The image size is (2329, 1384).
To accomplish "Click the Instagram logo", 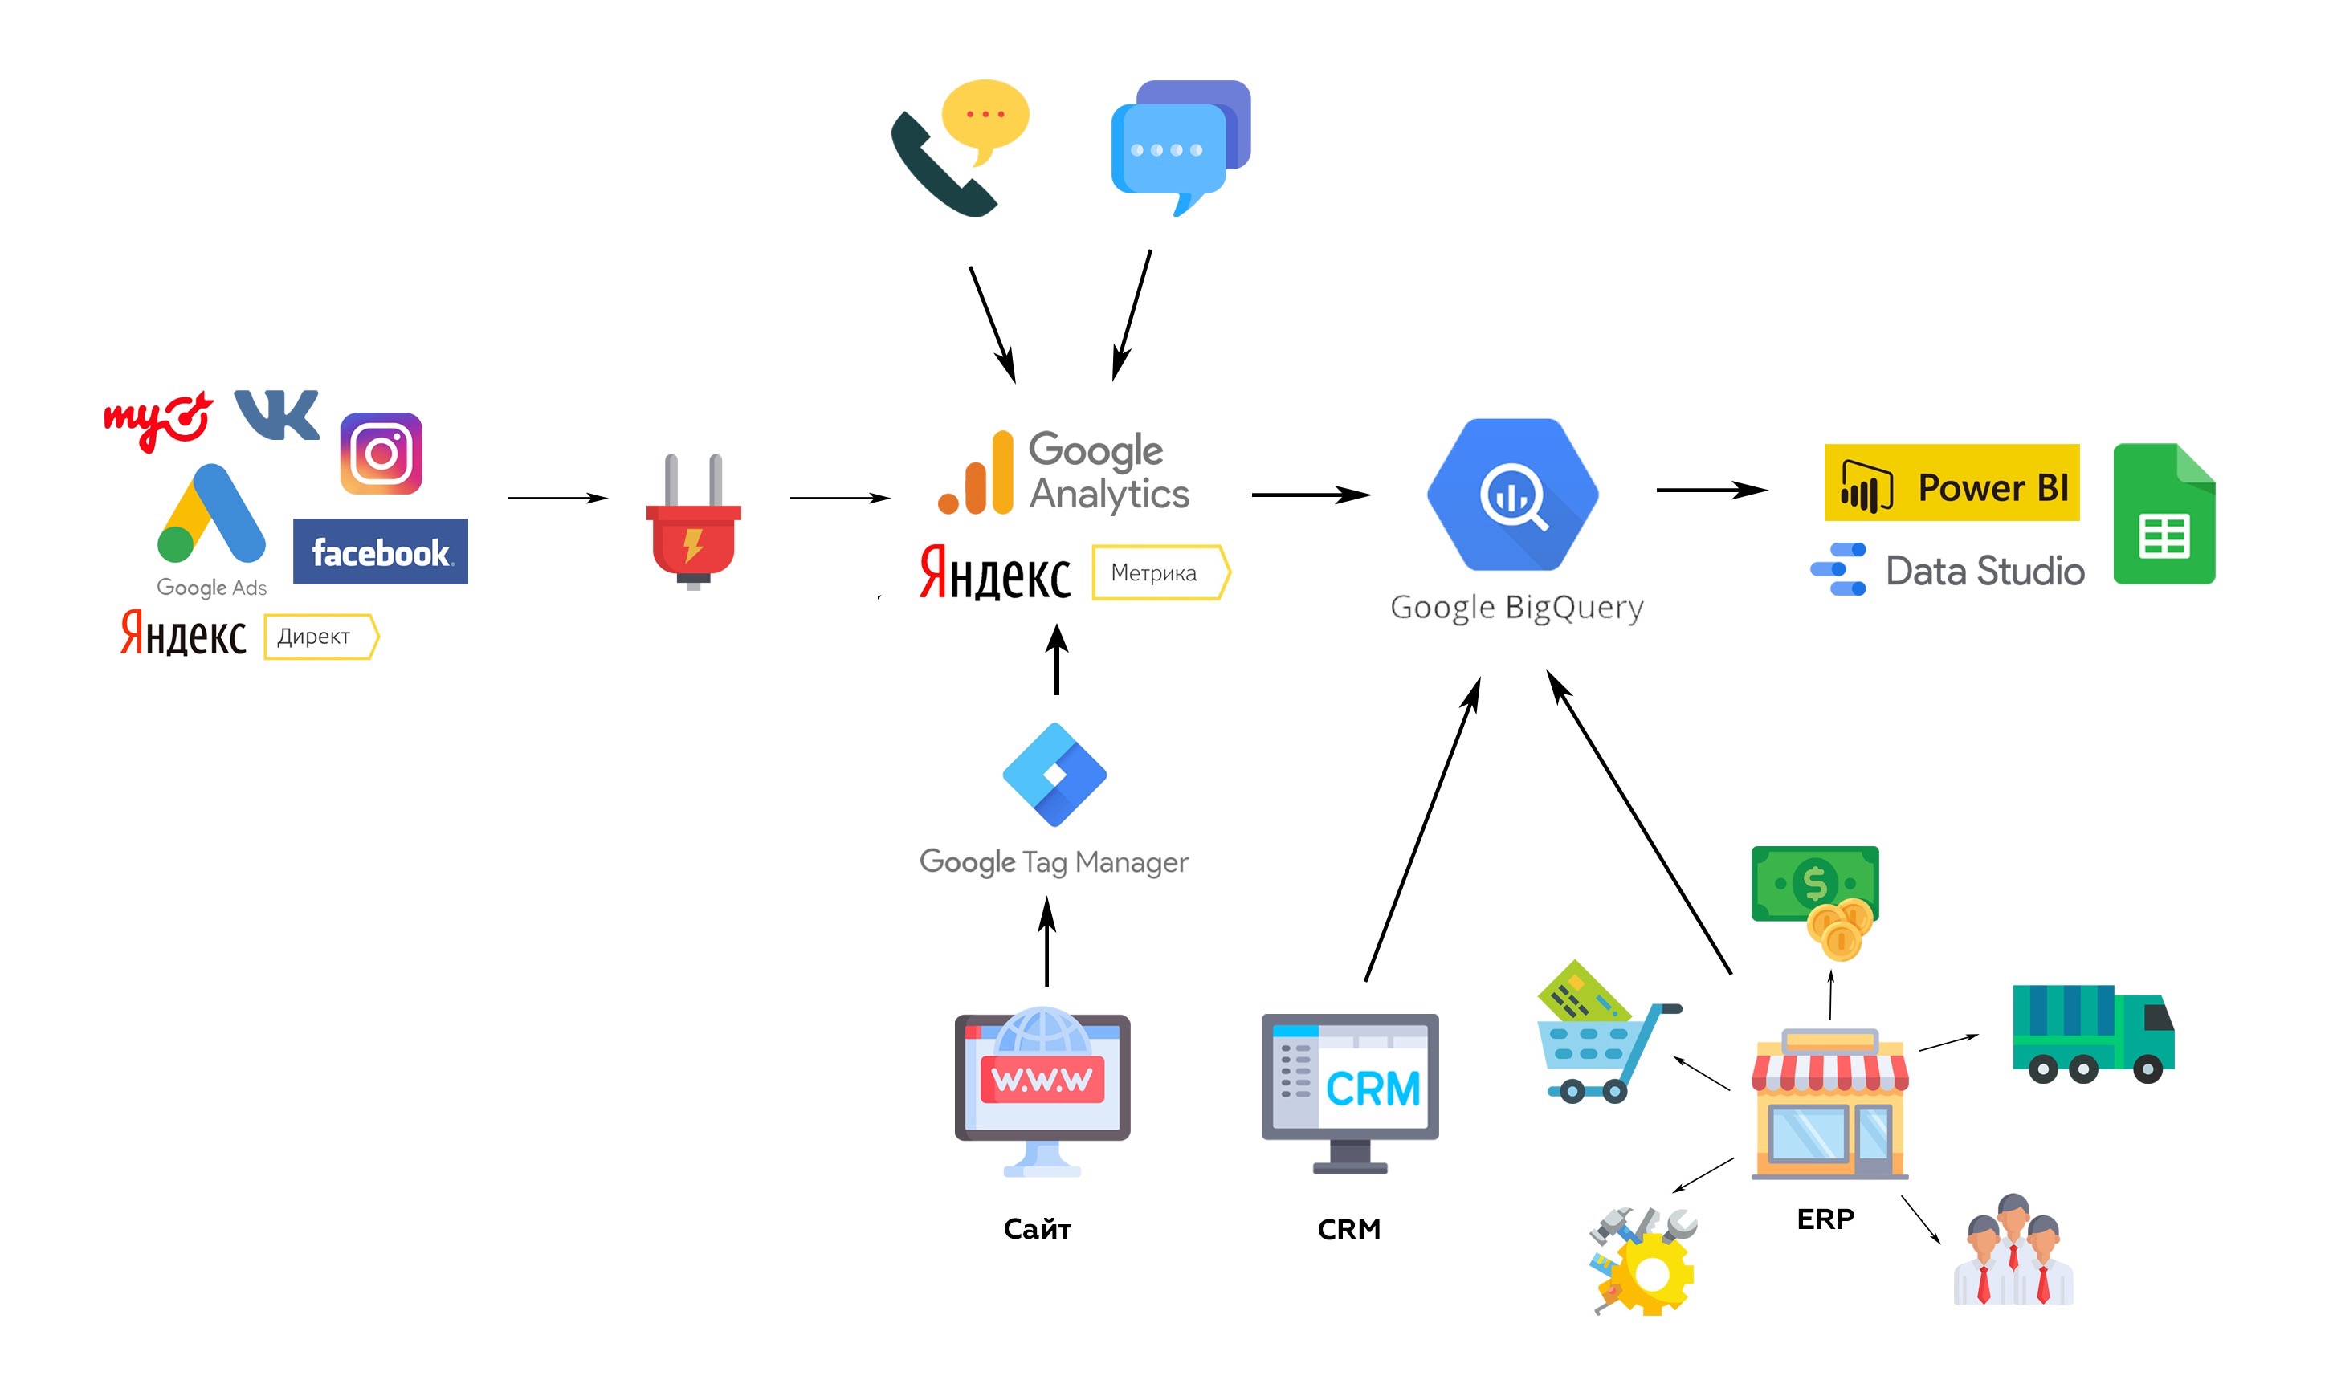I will (381, 454).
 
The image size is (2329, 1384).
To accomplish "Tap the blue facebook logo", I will (380, 552).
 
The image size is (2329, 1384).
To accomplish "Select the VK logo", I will (276, 414).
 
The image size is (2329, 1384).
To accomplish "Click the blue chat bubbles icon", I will (1179, 145).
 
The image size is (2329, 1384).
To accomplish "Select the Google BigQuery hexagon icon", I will (1512, 495).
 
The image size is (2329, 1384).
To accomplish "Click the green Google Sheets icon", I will (2163, 515).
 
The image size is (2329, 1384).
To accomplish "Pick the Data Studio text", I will (1984, 571).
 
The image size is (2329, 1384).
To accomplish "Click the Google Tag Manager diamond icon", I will (1054, 774).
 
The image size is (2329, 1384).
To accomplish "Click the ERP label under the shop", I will (1825, 1219).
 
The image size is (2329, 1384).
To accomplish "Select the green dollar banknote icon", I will (1814, 883).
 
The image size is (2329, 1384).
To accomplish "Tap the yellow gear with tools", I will (1645, 1263).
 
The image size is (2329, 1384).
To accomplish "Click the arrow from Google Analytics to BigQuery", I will (1310, 495).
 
